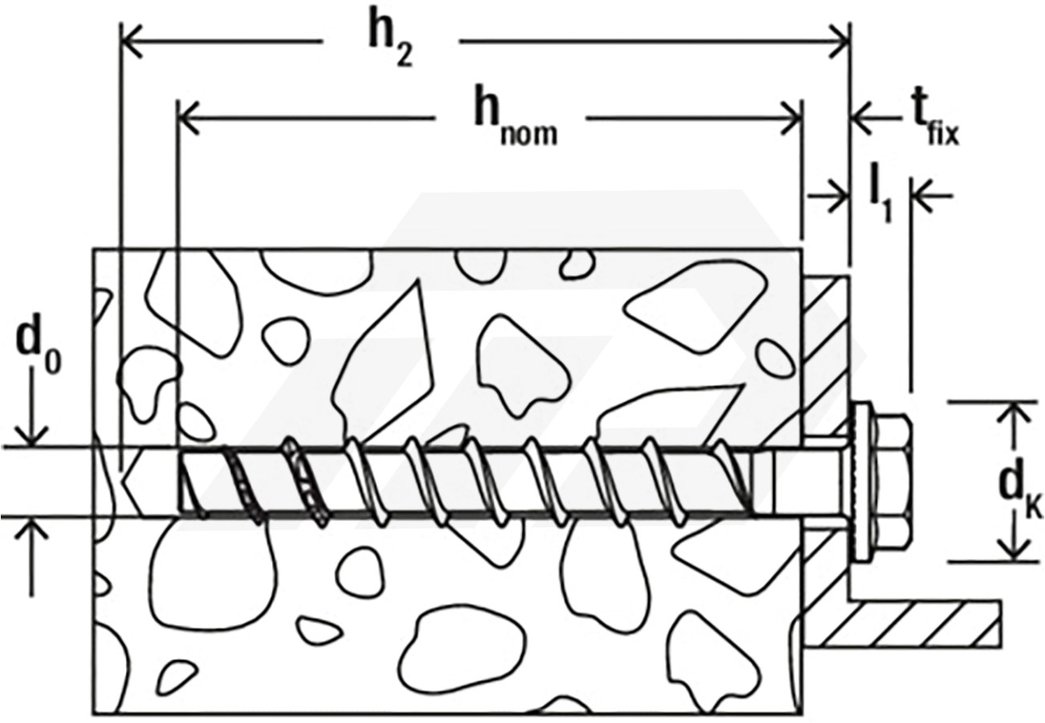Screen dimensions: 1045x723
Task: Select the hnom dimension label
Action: point(515,120)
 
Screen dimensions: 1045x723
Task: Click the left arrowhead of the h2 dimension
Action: point(132,41)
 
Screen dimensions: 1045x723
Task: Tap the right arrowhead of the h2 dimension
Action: point(839,42)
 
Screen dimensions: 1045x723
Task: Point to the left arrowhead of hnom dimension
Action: point(189,119)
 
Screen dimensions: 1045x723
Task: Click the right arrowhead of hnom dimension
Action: point(792,119)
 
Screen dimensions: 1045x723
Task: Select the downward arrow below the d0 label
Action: point(32,407)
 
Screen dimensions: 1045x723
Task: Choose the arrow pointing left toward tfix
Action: point(876,119)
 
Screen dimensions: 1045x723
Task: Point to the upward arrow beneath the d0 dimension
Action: point(32,557)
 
